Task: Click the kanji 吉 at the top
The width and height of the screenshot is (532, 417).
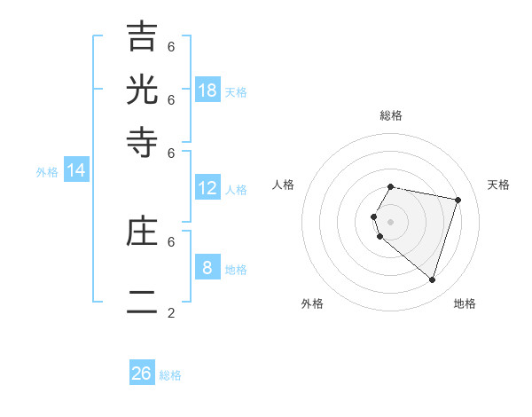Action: coord(143,37)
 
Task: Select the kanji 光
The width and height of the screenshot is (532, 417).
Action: coord(143,90)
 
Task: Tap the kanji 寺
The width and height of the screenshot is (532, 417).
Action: coord(143,143)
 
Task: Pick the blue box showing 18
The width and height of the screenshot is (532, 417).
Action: coord(207,90)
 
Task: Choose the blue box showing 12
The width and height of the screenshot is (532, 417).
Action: coord(207,188)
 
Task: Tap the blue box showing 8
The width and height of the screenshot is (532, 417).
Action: coord(207,268)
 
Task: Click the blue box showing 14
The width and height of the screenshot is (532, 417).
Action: coord(76,170)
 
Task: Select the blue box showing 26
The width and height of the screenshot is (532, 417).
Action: coord(142,374)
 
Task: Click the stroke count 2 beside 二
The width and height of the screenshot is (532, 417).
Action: coord(171,312)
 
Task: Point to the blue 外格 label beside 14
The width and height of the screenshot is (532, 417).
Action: coord(47,172)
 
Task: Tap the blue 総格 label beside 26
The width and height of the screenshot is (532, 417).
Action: coord(170,375)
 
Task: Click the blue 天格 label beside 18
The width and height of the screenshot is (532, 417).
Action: coord(236,92)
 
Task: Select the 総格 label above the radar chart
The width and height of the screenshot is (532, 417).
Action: coord(391,115)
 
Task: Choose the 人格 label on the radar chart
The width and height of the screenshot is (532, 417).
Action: coord(284,185)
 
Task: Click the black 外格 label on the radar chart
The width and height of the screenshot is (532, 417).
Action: coord(312,303)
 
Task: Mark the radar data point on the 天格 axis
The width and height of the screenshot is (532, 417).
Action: coord(458,200)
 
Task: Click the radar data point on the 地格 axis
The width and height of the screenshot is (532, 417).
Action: coord(433,279)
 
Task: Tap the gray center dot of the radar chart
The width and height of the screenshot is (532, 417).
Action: coord(391,221)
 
